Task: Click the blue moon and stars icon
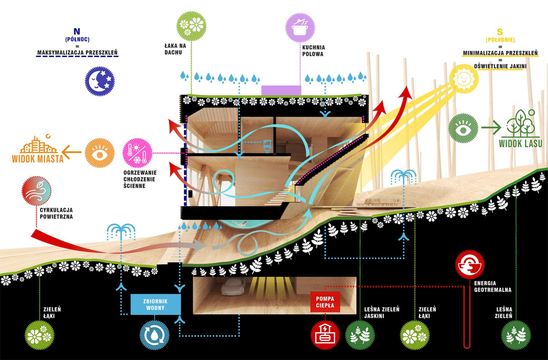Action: [x=99, y=81]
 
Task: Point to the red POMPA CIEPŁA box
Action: [x=325, y=302]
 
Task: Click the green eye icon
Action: [x=463, y=128]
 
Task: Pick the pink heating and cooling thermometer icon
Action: [x=137, y=153]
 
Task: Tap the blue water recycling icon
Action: [x=154, y=334]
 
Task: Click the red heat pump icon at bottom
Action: [x=326, y=335]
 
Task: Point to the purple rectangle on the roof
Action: [x=281, y=90]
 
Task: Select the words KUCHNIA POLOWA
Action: [x=312, y=50]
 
